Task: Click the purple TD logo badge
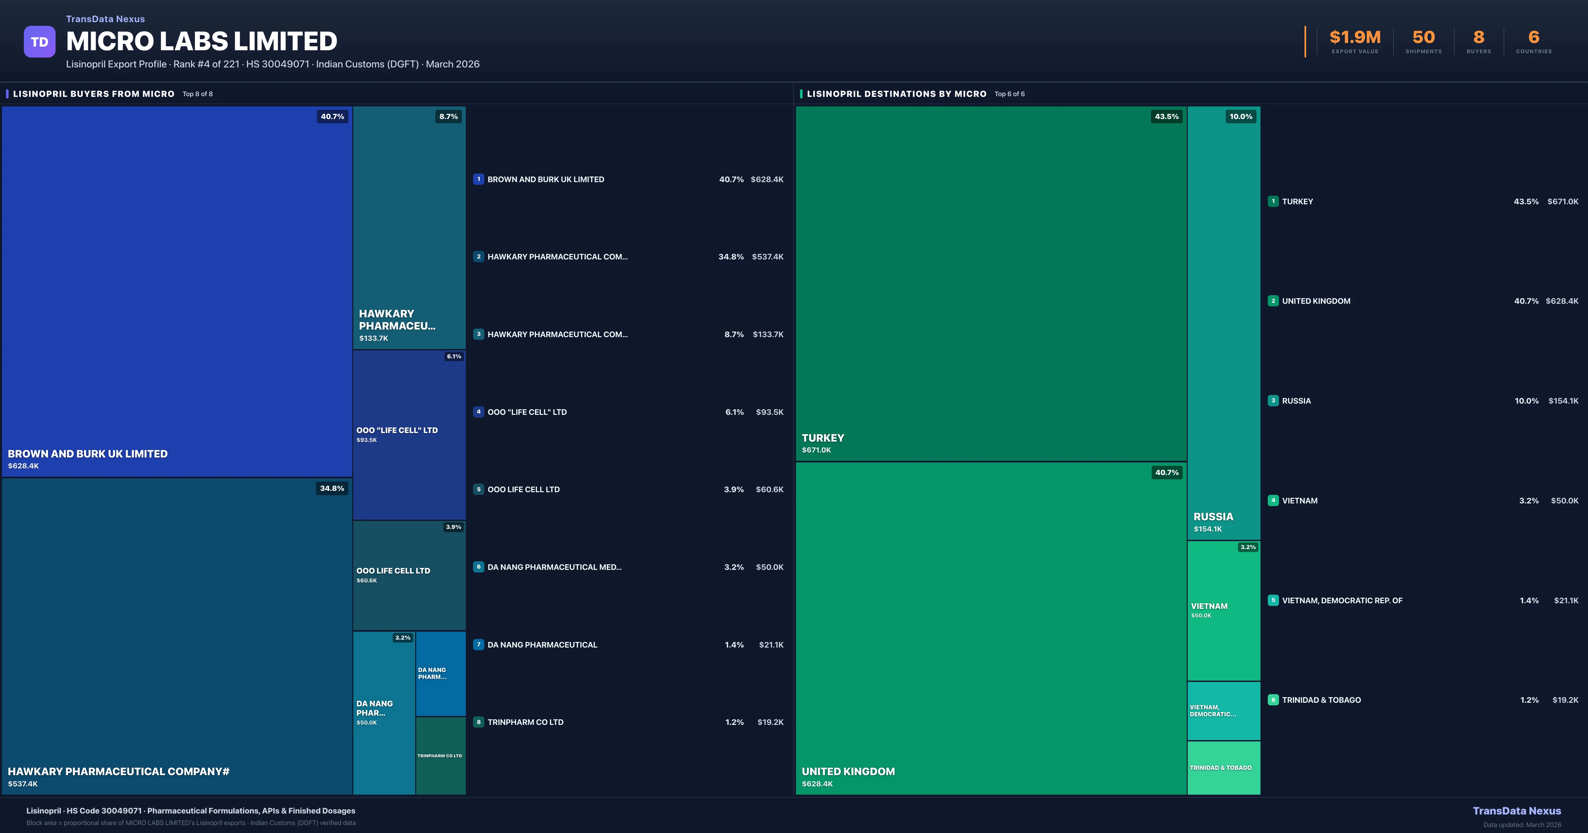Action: point(39,42)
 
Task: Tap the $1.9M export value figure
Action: point(1355,38)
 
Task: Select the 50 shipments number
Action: point(1423,38)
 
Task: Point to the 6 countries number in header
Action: point(1534,38)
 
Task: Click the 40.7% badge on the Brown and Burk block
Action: point(332,116)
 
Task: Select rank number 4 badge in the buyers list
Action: point(478,412)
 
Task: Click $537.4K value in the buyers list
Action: point(768,257)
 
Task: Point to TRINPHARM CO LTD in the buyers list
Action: point(525,722)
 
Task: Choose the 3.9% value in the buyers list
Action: point(733,489)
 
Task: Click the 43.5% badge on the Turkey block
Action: point(1166,116)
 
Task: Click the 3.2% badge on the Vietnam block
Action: point(1248,547)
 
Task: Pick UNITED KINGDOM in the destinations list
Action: point(1316,301)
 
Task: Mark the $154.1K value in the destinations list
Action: point(1563,401)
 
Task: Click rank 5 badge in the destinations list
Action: point(1273,600)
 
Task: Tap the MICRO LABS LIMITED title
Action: point(201,41)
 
